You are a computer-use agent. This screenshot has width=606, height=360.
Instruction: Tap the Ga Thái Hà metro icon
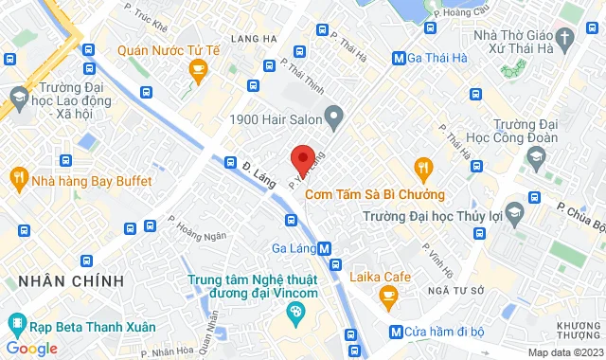(399, 59)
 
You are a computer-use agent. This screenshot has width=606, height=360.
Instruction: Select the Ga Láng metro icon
(325, 249)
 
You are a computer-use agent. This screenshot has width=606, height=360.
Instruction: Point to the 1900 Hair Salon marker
(333, 118)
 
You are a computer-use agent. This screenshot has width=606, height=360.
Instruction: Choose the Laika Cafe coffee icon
(387, 297)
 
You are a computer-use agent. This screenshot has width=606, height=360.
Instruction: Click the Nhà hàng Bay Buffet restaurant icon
(18, 176)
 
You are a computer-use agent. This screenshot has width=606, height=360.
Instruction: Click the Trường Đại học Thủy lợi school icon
(516, 208)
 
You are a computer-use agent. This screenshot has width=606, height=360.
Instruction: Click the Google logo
(30, 349)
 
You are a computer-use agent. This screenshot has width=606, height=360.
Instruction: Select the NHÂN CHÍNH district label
(63, 281)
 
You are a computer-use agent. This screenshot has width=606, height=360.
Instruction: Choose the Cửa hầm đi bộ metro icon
(396, 332)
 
